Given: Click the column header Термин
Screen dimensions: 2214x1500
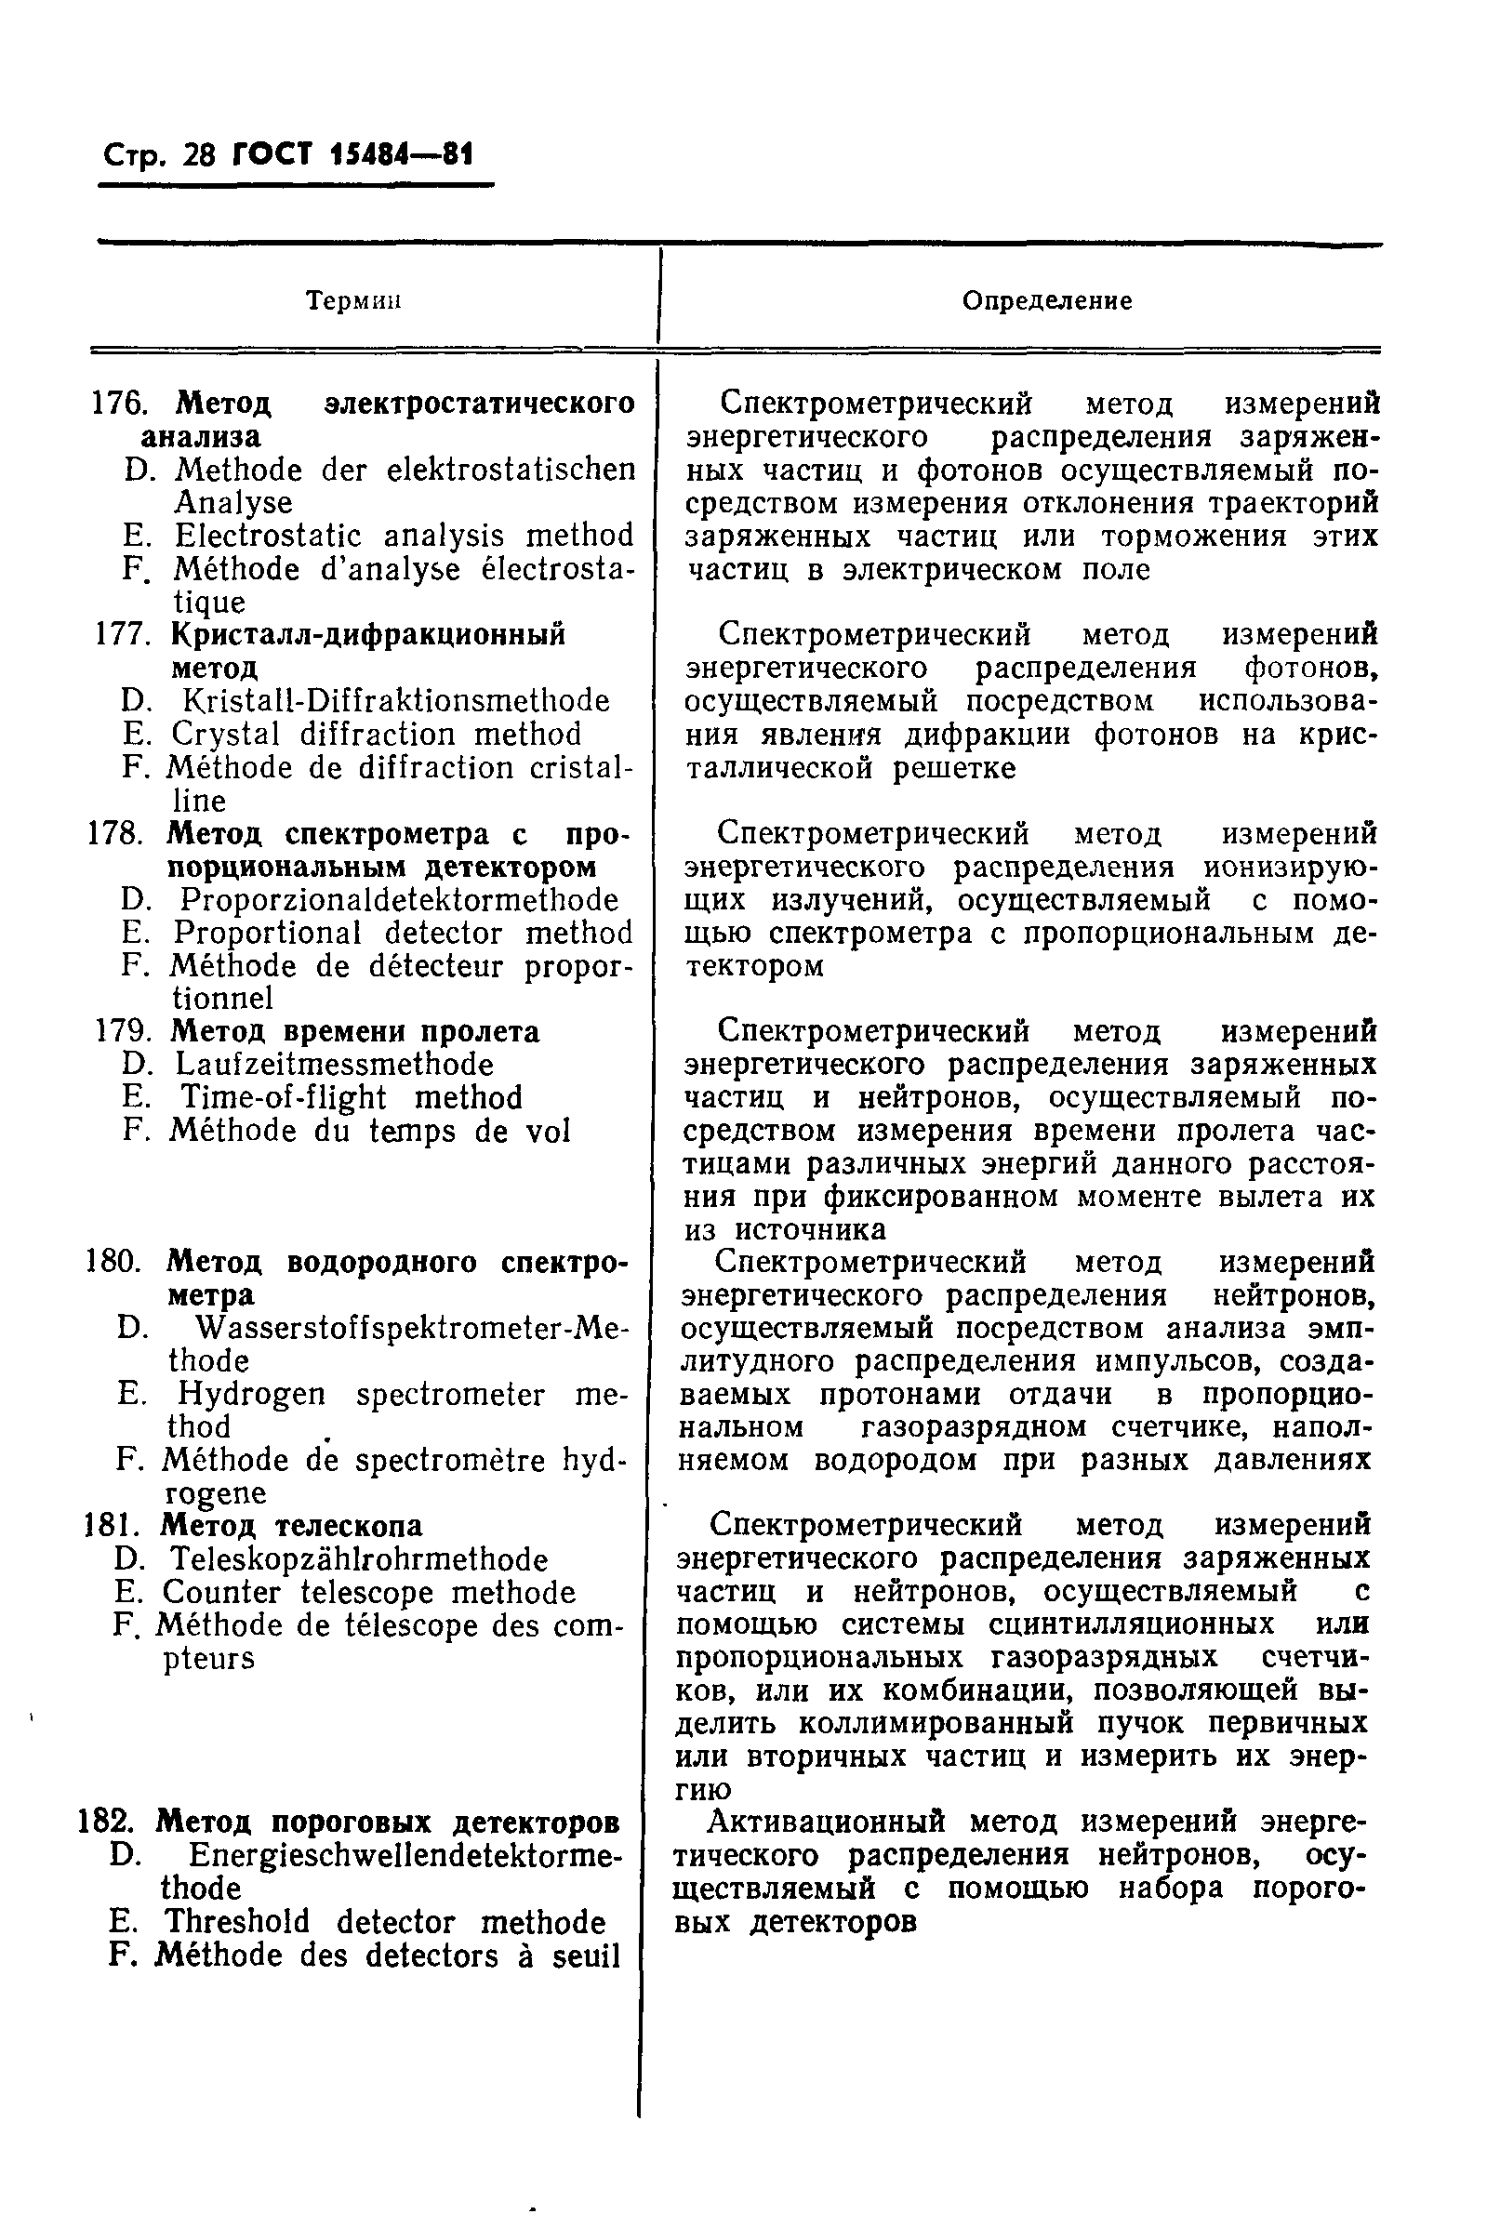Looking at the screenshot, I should pos(352,301).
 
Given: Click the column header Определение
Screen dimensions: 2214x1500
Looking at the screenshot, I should pos(1046,301).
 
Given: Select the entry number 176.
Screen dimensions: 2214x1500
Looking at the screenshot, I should pos(118,404).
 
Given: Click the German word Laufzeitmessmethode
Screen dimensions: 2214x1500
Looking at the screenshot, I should pos(334,1064).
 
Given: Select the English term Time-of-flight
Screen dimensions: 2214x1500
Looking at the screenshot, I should pos(283,1097).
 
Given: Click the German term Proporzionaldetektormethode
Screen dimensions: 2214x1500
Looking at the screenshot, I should pos(398,899).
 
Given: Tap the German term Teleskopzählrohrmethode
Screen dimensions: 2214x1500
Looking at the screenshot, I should pos(358,1559).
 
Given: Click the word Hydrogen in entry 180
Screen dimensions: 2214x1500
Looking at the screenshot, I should pos(251,1395).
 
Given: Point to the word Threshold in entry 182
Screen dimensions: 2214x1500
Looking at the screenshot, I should pos(236,1921).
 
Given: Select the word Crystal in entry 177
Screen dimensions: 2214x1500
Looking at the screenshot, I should pos(226,735).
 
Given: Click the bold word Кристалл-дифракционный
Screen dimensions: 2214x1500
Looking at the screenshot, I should pos(368,634).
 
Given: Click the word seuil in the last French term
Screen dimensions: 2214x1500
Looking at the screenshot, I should pos(583,1955).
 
